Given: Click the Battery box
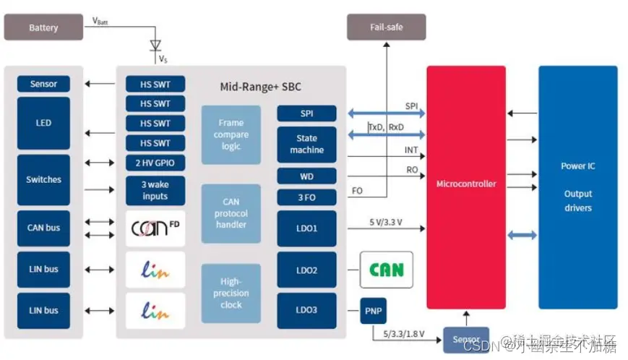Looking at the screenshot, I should click(x=43, y=27).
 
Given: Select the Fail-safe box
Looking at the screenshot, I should click(x=386, y=27).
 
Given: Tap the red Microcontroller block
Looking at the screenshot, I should click(x=466, y=184).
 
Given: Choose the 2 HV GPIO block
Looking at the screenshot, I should click(x=155, y=163).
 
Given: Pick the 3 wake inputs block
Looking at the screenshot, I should click(x=155, y=190).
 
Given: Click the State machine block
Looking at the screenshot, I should click(x=306, y=144).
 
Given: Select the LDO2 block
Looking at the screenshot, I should click(x=306, y=270).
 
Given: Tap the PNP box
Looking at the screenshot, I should click(x=374, y=312).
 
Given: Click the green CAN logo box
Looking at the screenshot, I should click(x=386, y=270).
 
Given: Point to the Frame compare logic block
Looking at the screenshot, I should click(x=231, y=134).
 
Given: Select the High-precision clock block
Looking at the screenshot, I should click(x=231, y=293).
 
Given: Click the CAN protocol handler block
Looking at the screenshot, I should click(x=231, y=213).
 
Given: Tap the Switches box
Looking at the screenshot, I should click(x=43, y=179).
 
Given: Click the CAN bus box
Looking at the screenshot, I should click(x=43, y=228).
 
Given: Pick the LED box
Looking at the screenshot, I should click(x=43, y=123).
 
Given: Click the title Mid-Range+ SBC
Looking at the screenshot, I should click(x=260, y=87).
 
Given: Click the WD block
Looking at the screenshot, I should click(x=306, y=176).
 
